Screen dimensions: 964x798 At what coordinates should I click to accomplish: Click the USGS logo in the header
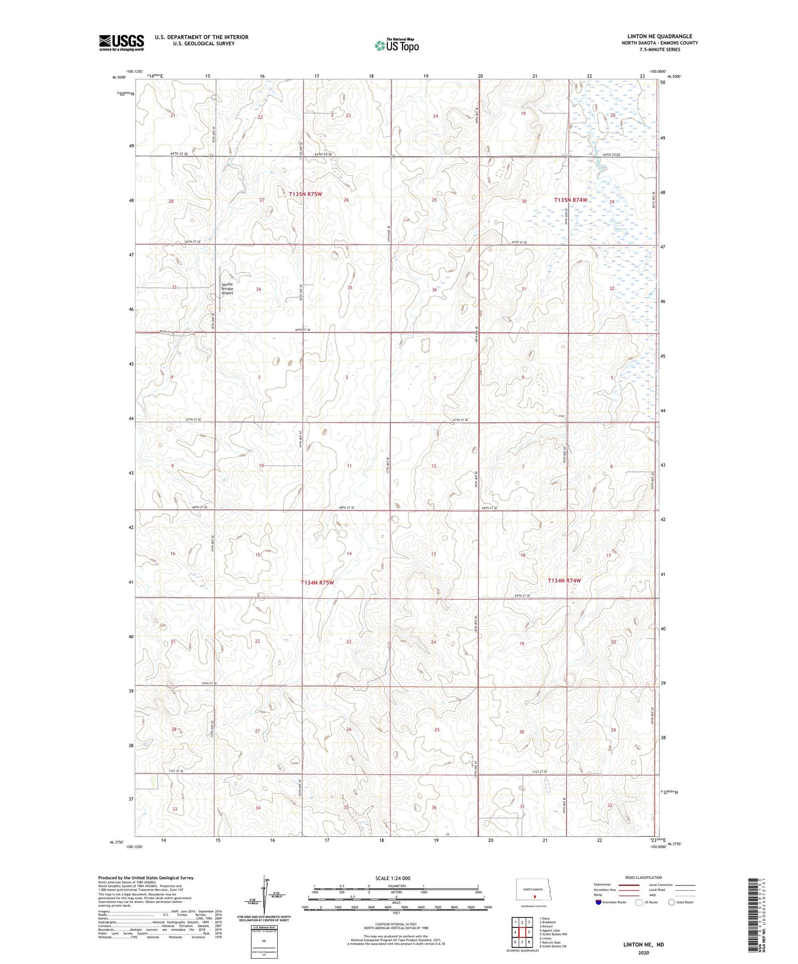coord(121,43)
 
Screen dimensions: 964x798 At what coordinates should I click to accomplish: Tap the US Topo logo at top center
coord(397,45)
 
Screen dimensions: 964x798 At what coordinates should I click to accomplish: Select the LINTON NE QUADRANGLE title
coord(660,37)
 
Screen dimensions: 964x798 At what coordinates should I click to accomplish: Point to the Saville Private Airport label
coord(227,289)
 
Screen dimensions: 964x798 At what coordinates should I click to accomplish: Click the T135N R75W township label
coord(305,195)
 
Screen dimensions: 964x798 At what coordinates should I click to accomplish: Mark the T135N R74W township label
coord(570,200)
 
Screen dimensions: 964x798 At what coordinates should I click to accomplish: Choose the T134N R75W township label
coord(317,583)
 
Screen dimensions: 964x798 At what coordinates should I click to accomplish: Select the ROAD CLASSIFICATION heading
coord(644,877)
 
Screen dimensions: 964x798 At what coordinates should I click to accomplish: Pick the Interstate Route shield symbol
coord(598,902)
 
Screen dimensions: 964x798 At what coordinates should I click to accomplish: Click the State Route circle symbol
coord(671,902)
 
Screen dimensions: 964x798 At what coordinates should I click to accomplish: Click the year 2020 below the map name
coord(644,952)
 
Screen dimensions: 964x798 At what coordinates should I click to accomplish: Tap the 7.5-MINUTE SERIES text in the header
coord(660,49)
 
